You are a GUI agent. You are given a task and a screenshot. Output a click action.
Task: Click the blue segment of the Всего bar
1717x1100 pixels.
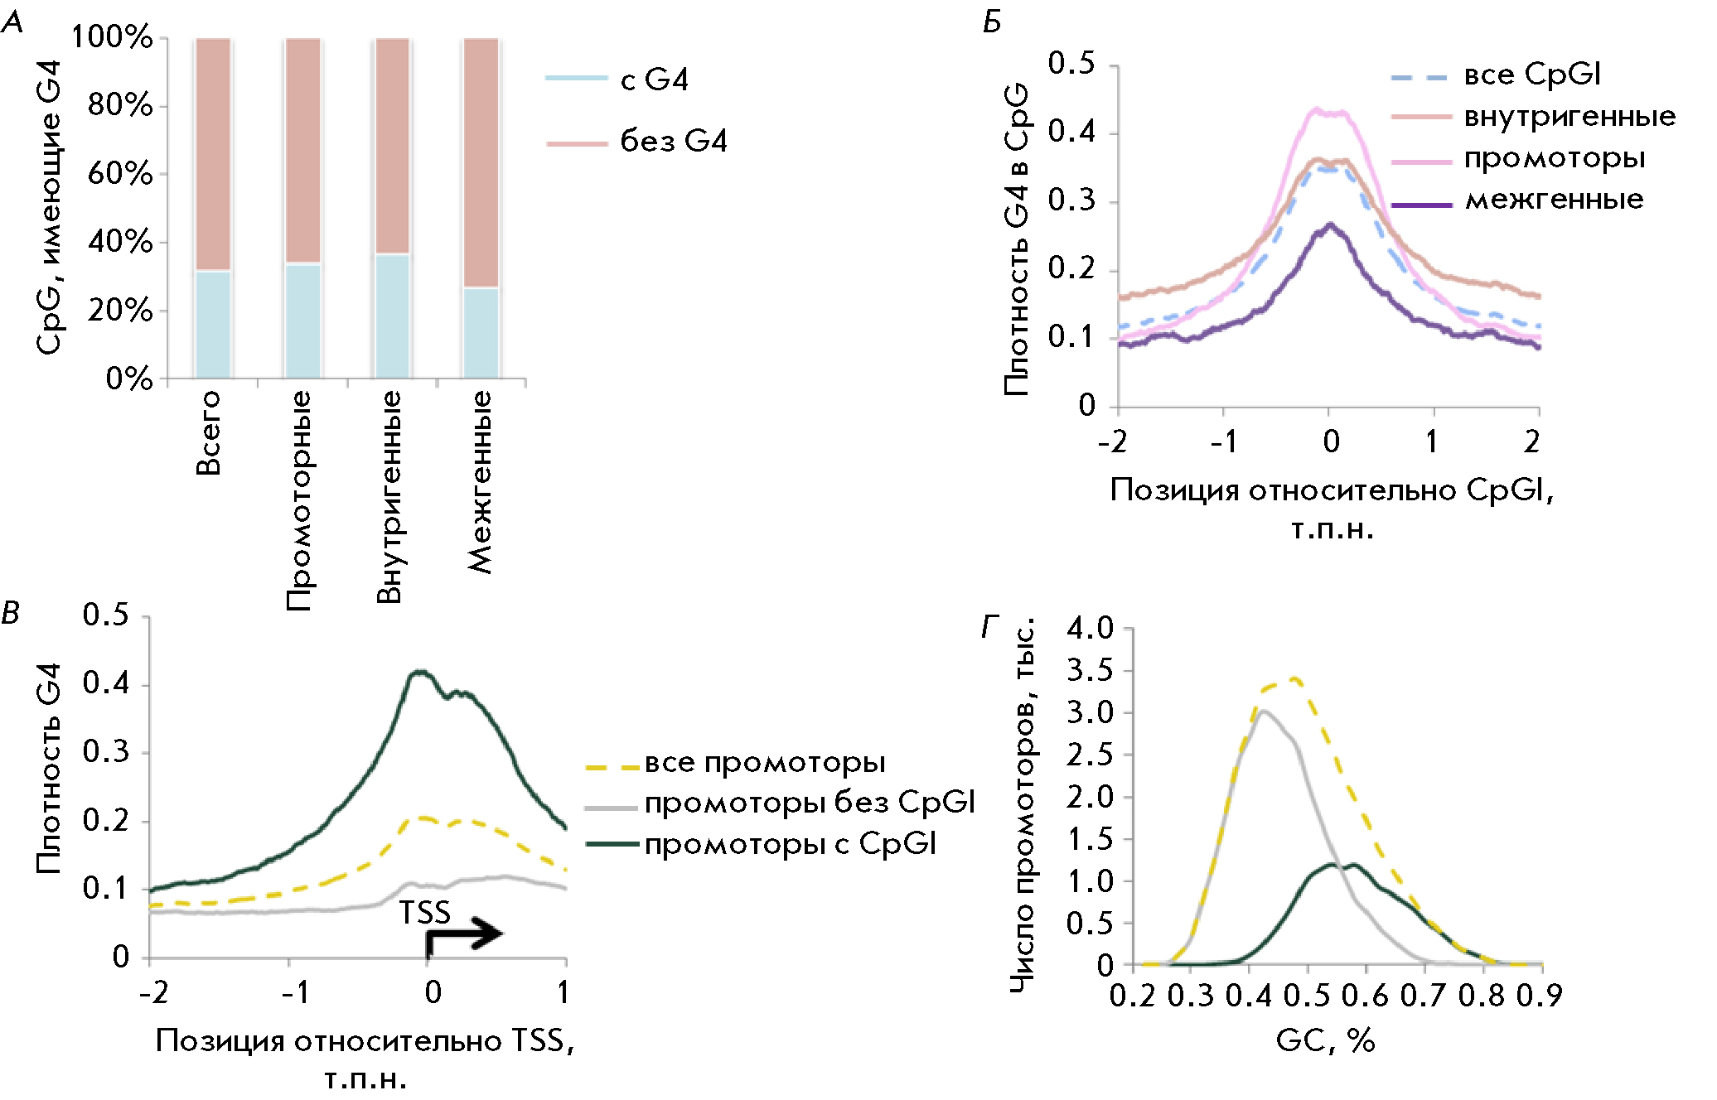point(212,325)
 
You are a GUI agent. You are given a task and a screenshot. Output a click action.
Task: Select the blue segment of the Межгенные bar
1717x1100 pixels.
point(481,333)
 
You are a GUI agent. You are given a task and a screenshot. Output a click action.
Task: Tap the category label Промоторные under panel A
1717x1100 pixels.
point(299,500)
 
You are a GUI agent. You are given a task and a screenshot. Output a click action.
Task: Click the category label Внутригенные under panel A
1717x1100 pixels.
point(389,497)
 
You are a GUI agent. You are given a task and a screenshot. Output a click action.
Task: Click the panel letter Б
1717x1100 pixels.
point(992,22)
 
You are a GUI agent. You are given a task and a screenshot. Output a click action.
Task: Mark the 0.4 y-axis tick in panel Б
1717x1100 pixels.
point(1071,132)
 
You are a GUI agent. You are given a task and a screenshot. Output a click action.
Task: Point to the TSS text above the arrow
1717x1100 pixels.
point(425,913)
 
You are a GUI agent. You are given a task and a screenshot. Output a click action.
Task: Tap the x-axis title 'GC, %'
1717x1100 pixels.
point(1325,1040)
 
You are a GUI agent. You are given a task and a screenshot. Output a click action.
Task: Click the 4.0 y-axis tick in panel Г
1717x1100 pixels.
point(1090,628)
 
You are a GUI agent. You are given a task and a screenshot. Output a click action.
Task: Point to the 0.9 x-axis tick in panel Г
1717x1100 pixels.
point(1539,995)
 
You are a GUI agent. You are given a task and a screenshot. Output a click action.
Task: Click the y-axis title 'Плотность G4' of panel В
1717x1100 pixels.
point(49,768)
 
